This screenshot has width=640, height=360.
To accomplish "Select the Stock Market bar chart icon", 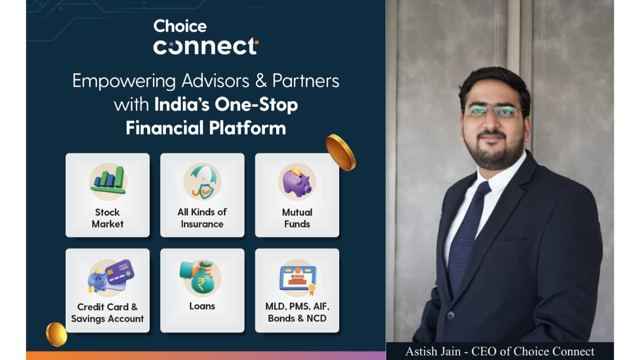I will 108,181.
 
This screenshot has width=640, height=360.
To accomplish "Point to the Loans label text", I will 202,306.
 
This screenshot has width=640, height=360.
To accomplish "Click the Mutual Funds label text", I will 297,218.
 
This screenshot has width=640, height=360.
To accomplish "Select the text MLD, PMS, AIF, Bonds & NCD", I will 297,313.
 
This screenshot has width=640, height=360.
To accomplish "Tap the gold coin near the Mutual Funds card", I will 340,151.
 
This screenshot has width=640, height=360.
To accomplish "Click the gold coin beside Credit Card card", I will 56,334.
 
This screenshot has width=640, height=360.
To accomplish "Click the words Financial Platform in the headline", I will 205,128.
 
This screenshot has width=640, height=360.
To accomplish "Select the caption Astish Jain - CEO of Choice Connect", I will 499,351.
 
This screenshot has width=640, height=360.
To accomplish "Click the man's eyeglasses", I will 493,112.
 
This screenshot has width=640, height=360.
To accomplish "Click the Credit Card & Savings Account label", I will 108,313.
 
